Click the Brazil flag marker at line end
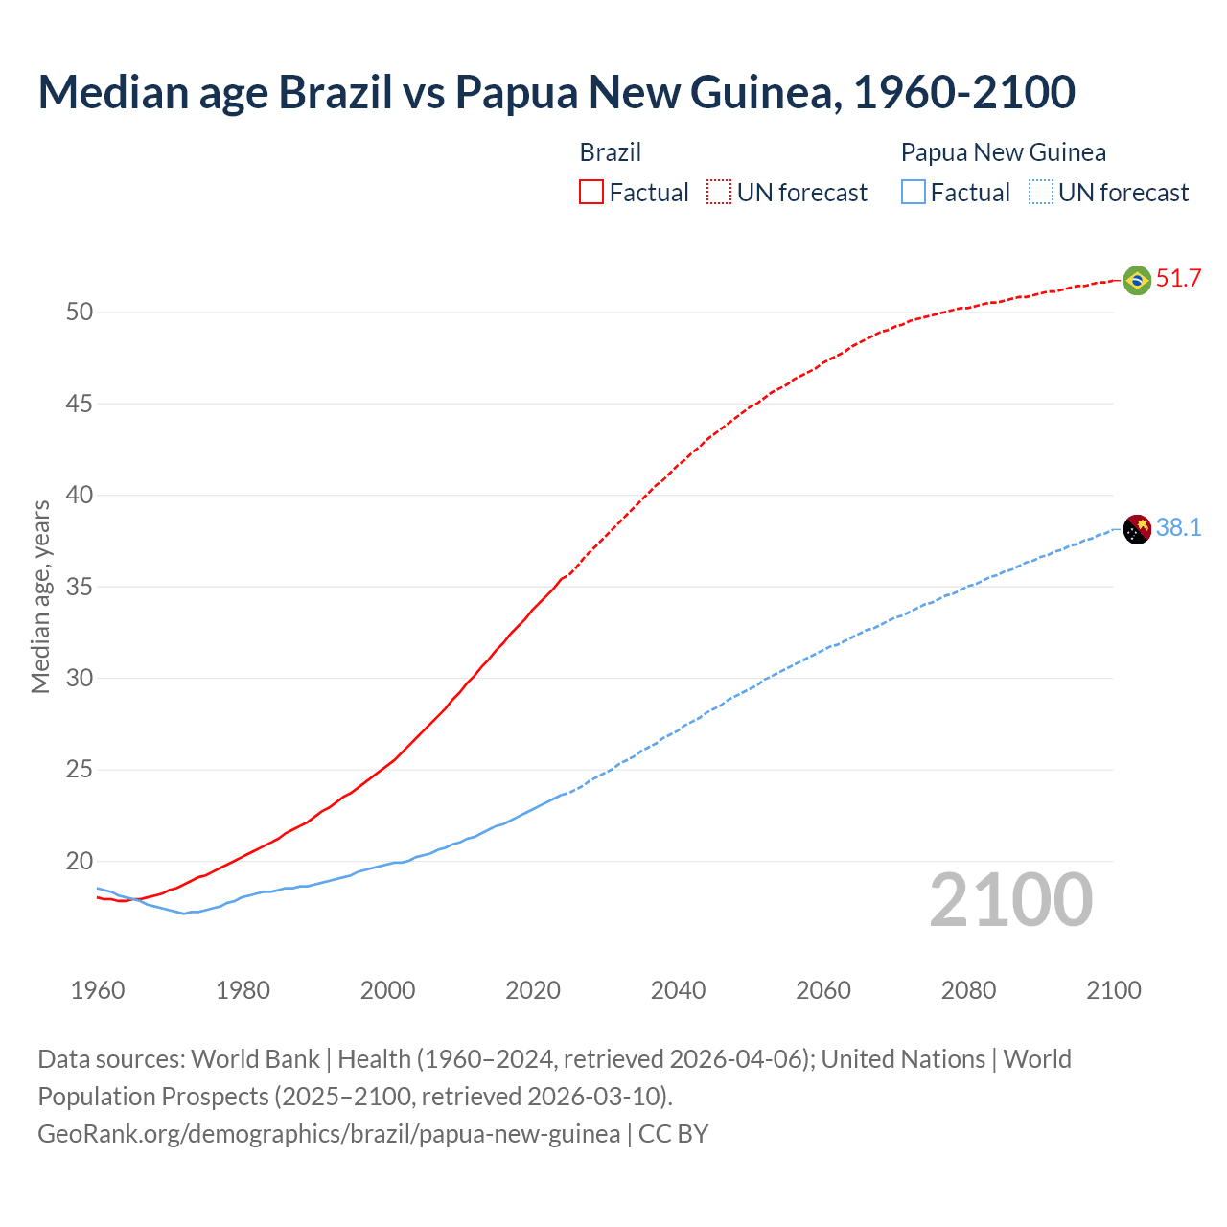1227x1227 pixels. [x=1137, y=280]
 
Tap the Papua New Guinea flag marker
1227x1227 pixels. [x=1137, y=529]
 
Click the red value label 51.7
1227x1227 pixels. [x=1178, y=279]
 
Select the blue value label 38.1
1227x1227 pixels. [x=1178, y=528]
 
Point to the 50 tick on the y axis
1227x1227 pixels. [x=80, y=313]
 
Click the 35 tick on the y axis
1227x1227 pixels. [x=80, y=587]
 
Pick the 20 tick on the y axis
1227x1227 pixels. [x=80, y=861]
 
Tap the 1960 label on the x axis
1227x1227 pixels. [x=98, y=990]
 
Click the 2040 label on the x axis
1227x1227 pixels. [x=678, y=990]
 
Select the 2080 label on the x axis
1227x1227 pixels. [x=968, y=990]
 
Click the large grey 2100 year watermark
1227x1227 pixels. [x=1010, y=899]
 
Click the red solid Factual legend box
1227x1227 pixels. [x=591, y=193]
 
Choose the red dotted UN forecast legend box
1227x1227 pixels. [x=719, y=193]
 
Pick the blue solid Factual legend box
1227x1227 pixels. [x=914, y=193]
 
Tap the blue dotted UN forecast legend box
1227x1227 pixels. [x=1041, y=193]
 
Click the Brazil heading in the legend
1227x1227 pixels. [x=610, y=152]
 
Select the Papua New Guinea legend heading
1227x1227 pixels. [x=1003, y=152]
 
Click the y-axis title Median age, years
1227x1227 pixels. [x=40, y=596]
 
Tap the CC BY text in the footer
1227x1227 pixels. [x=673, y=1134]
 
